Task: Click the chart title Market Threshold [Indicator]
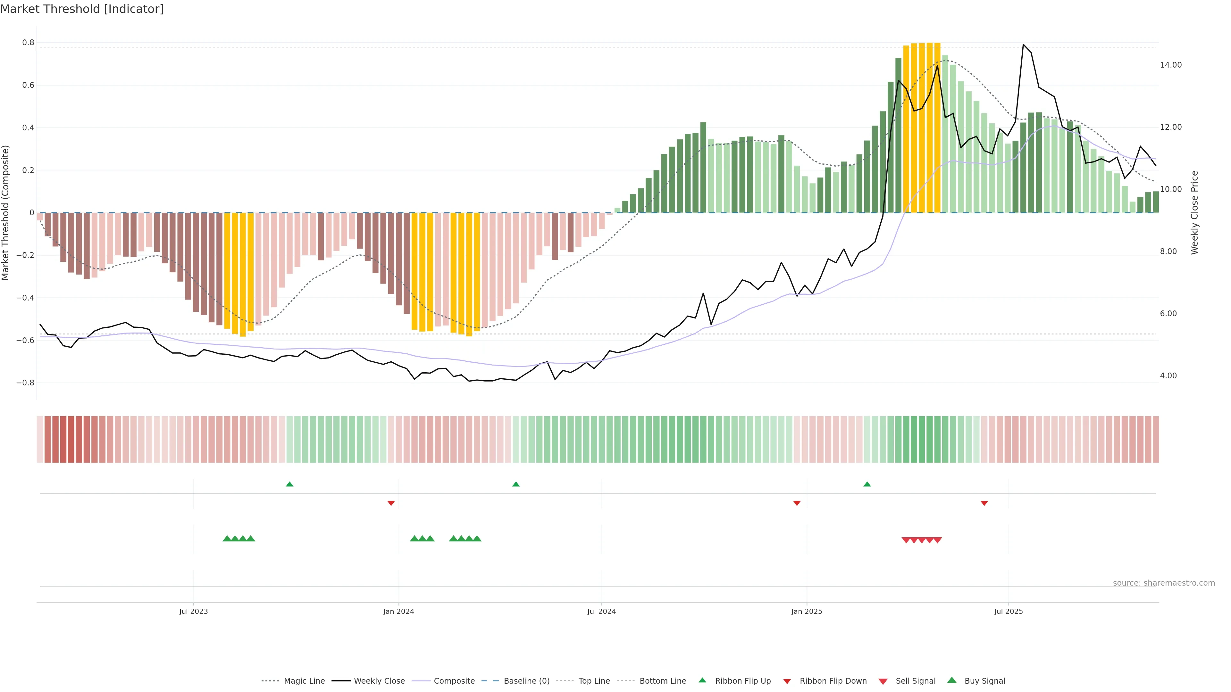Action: pos(82,9)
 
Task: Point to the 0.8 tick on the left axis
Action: pos(28,43)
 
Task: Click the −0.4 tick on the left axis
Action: pos(25,298)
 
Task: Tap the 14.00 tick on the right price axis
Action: pos(1170,65)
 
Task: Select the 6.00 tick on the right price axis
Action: pos(1168,313)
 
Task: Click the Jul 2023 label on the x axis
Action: pos(194,611)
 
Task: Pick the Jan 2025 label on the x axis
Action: pos(807,611)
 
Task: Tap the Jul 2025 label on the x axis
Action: pos(1008,611)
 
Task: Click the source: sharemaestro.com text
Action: pos(1164,583)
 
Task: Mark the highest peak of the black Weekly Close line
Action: pos(1023,45)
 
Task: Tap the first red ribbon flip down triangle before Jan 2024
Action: pos(391,503)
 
